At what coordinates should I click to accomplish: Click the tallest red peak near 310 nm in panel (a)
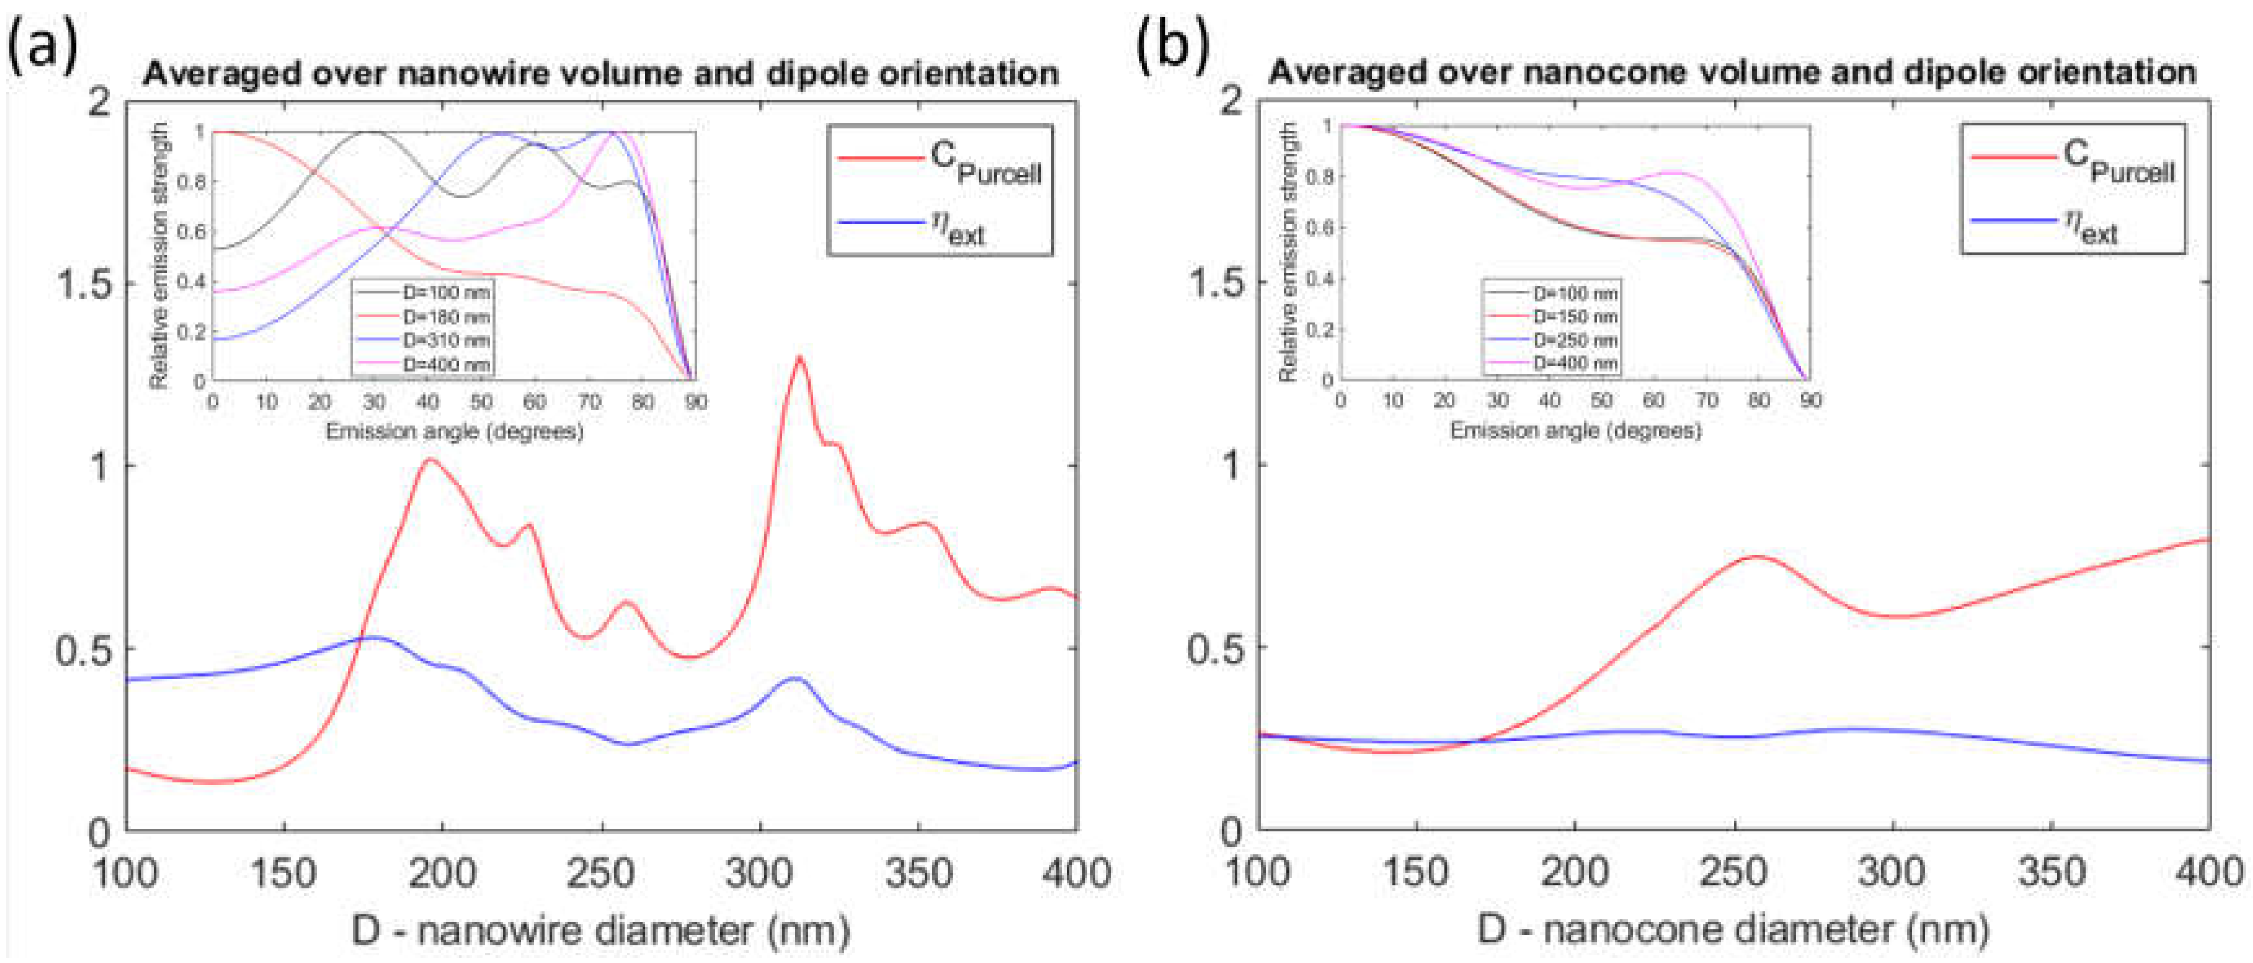[799, 358]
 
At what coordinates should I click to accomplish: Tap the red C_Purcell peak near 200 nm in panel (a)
[431, 459]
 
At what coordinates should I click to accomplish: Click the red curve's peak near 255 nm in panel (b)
[1755, 556]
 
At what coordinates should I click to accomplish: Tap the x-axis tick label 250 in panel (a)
[600, 873]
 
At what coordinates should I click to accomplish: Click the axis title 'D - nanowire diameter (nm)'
[600, 931]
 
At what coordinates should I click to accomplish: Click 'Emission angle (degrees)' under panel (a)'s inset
[454, 431]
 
